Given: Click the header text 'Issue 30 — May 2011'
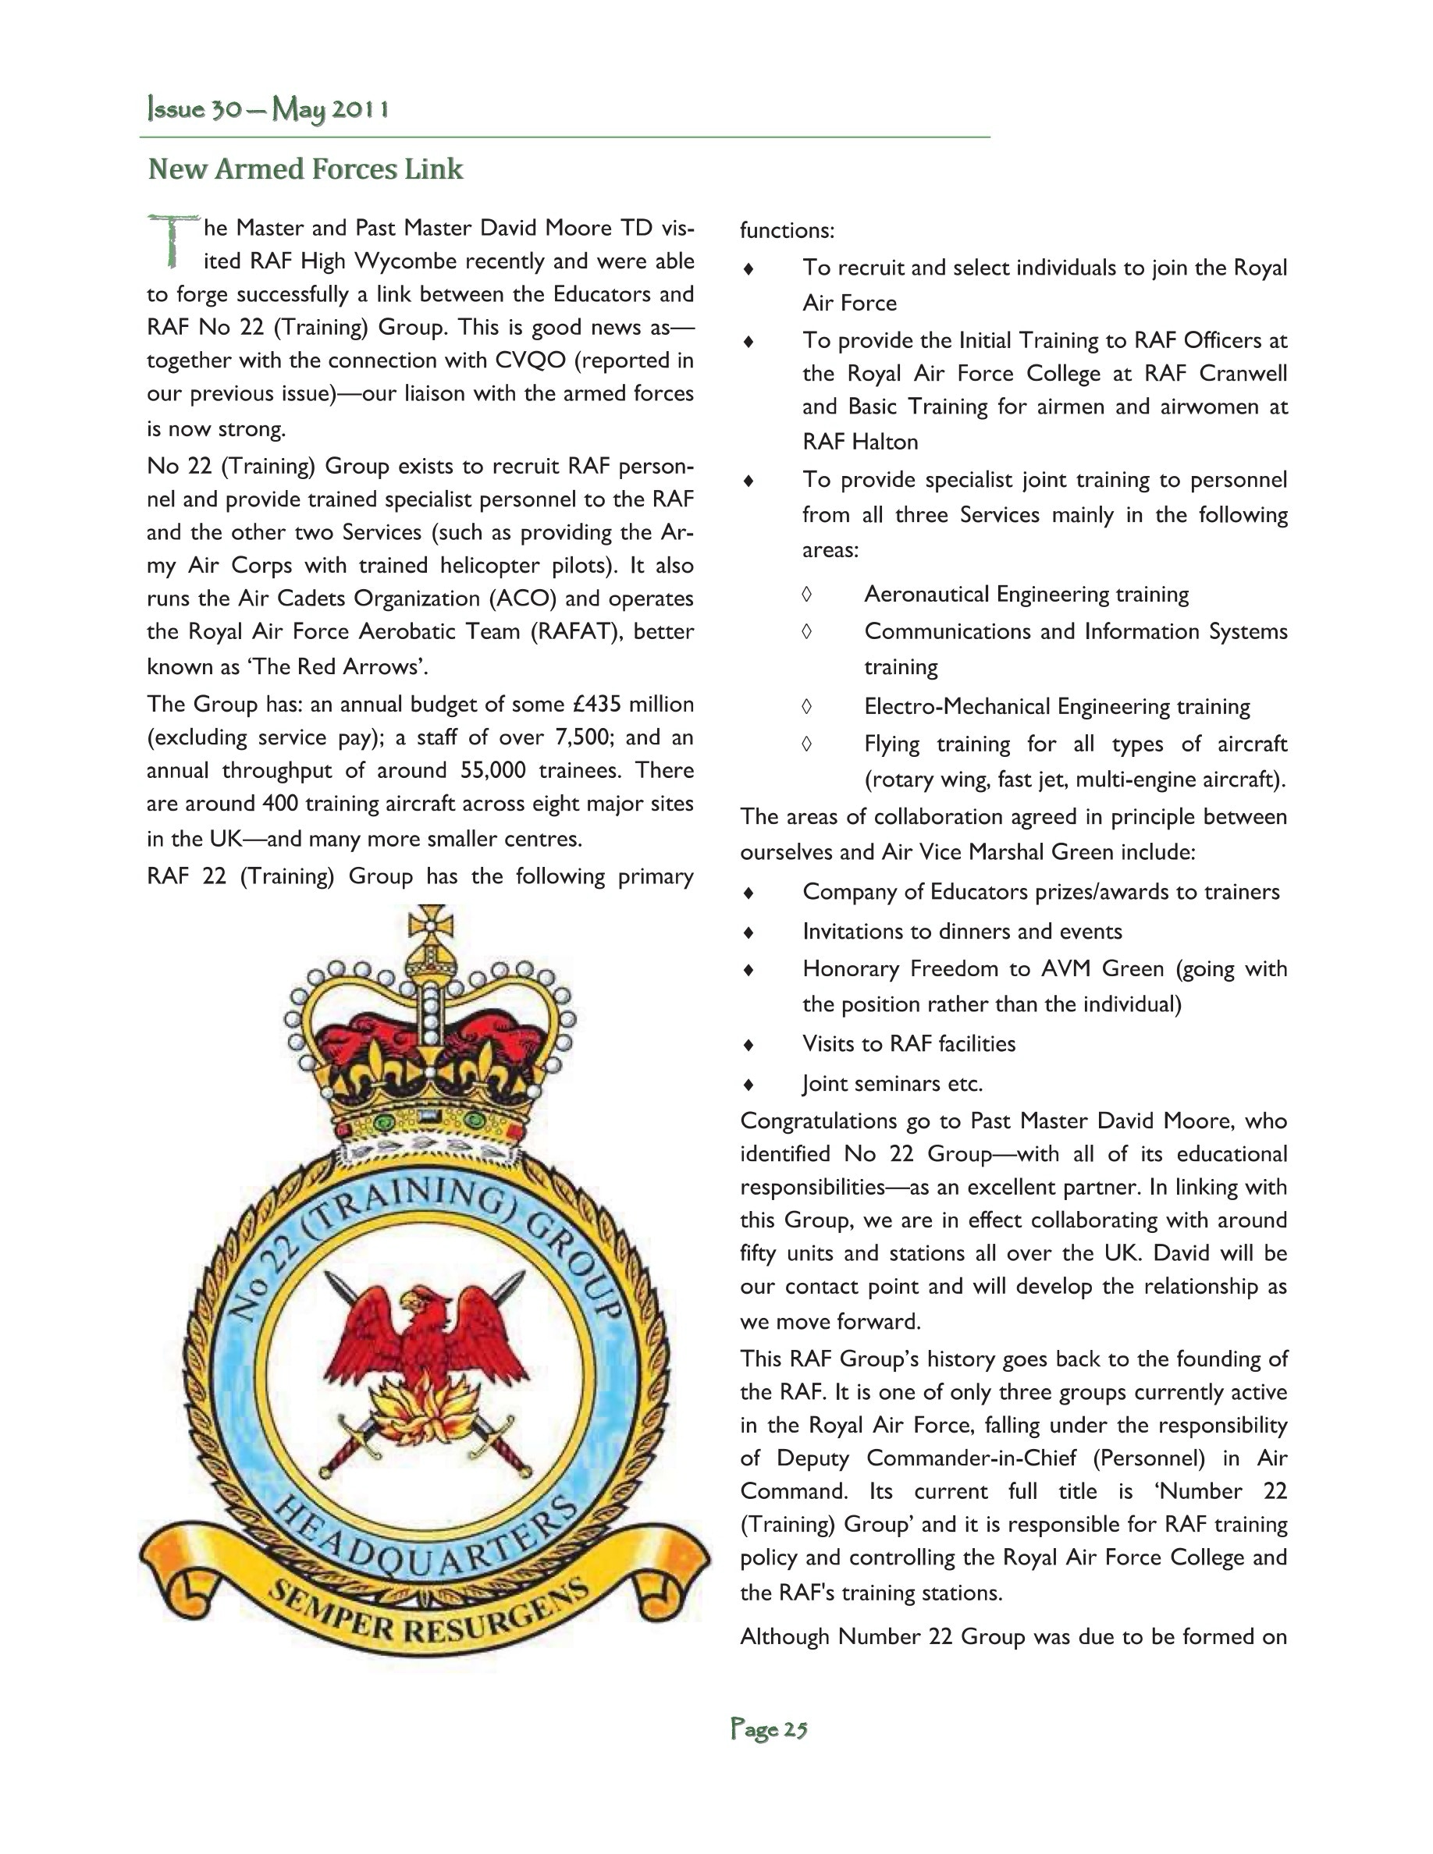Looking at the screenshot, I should tap(268, 109).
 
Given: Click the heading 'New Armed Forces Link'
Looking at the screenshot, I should tap(306, 169).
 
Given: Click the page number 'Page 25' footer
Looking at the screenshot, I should tap(768, 1729).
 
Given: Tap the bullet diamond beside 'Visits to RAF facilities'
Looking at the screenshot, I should tap(749, 1045).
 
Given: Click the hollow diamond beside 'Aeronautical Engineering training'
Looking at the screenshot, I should tap(806, 595).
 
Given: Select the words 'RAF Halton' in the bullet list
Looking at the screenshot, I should tap(860, 442).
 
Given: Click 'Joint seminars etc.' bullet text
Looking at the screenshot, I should tap(892, 1084).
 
